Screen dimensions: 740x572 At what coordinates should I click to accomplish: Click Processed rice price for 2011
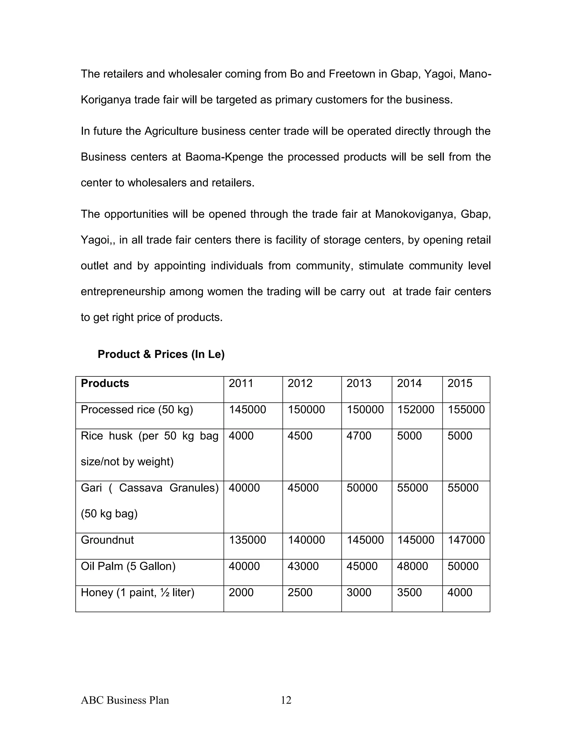[x=247, y=410]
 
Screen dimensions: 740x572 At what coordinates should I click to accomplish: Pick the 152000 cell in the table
[x=415, y=410]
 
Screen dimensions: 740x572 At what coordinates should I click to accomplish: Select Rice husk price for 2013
[x=359, y=436]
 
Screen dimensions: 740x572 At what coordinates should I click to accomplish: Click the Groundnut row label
[x=107, y=540]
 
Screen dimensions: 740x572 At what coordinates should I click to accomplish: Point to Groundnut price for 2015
[x=466, y=540]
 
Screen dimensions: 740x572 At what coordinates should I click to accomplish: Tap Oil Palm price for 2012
[x=303, y=566]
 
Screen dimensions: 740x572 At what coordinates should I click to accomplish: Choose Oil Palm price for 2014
[x=413, y=566]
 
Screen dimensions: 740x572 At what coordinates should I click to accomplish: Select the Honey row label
[x=137, y=593]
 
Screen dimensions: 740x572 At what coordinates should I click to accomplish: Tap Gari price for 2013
[x=362, y=488]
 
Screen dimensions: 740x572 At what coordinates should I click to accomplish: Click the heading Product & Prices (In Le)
[x=161, y=354]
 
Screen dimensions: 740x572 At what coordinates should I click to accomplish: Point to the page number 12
[x=286, y=700]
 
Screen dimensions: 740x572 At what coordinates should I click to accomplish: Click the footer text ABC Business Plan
[x=125, y=700]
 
